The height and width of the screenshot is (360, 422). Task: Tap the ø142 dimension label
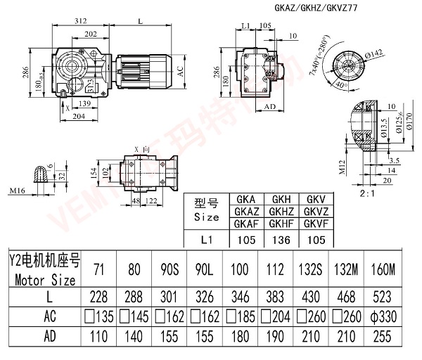pyautogui.click(x=373, y=52)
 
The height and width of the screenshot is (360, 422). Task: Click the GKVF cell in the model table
pyautogui.click(x=312, y=224)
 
